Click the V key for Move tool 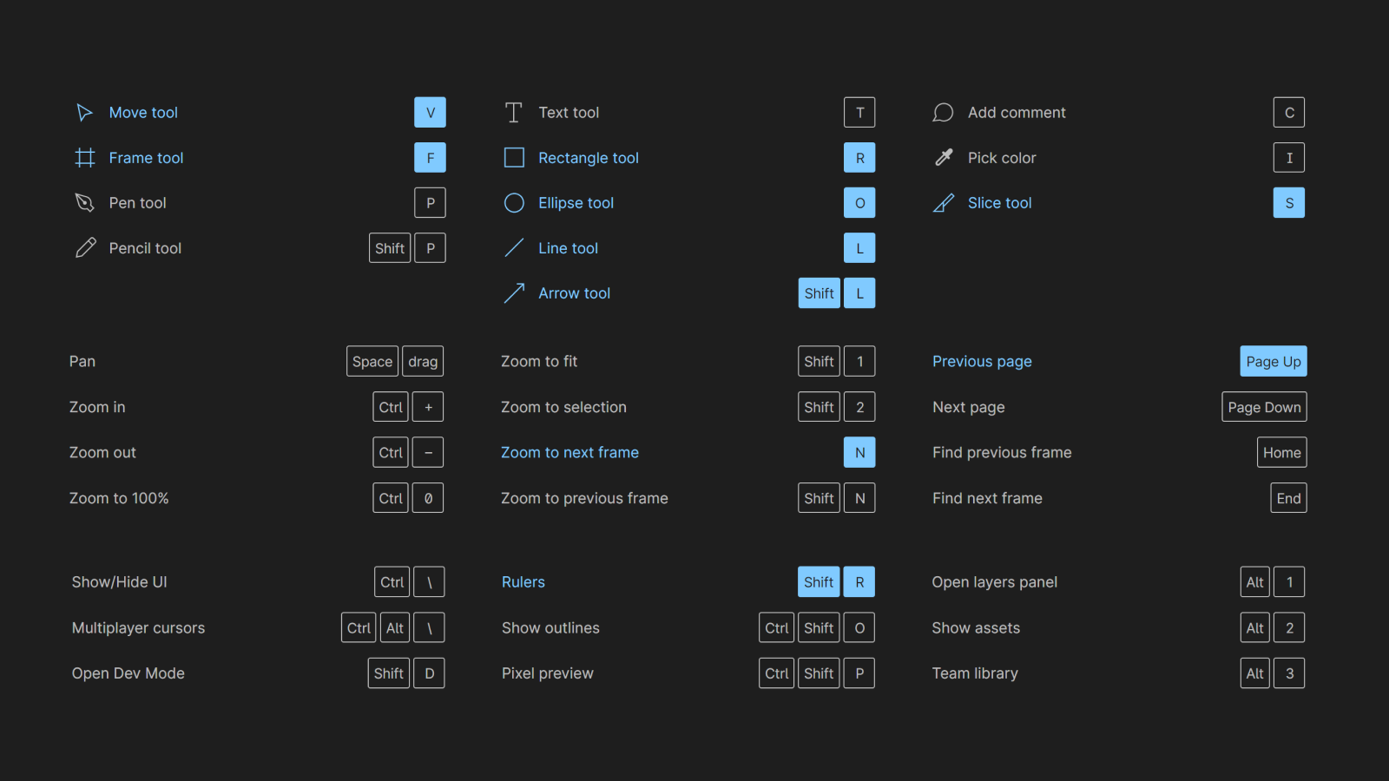[430, 112]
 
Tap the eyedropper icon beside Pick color [943, 157]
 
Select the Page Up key [1273, 361]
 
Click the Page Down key [1264, 407]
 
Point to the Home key [1281, 452]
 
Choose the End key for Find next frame [1288, 498]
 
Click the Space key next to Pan [372, 361]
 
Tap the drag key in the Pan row [423, 361]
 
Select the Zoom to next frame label [569, 452]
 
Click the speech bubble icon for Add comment [943, 112]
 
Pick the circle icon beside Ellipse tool [514, 203]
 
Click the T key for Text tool [859, 112]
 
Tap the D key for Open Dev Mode [429, 673]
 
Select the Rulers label [523, 582]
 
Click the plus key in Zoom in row [428, 407]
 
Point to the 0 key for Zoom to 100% [428, 498]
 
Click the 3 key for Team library [1289, 673]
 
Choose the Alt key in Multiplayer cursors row [395, 628]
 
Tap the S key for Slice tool [1289, 203]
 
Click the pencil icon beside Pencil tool [86, 248]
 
